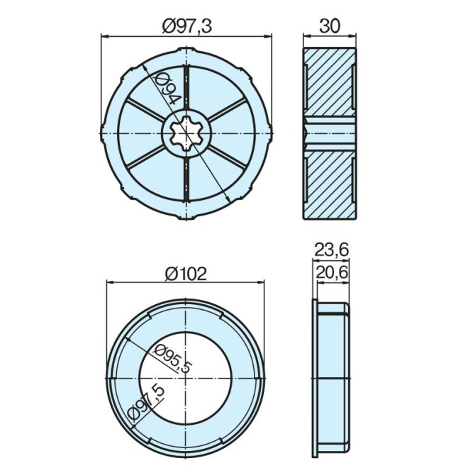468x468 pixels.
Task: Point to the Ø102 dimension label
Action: (x=185, y=273)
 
